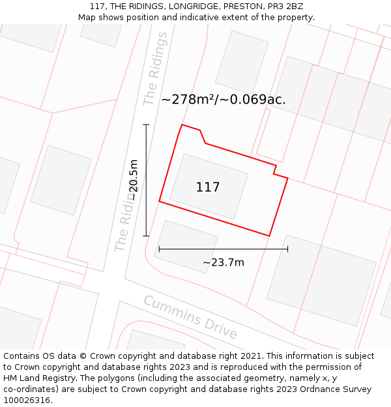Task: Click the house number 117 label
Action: [x=208, y=188]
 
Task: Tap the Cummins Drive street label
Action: [x=190, y=316]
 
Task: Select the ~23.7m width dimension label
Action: [x=223, y=262]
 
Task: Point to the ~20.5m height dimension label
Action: [x=133, y=180]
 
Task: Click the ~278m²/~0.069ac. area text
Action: [x=224, y=100]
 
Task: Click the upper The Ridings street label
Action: [x=155, y=68]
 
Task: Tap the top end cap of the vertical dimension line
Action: [x=146, y=124]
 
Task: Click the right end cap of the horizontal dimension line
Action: [x=287, y=249]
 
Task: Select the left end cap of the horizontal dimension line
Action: [x=159, y=249]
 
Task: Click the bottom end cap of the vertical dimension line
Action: [x=146, y=236]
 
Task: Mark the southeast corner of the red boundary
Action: [x=269, y=236]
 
